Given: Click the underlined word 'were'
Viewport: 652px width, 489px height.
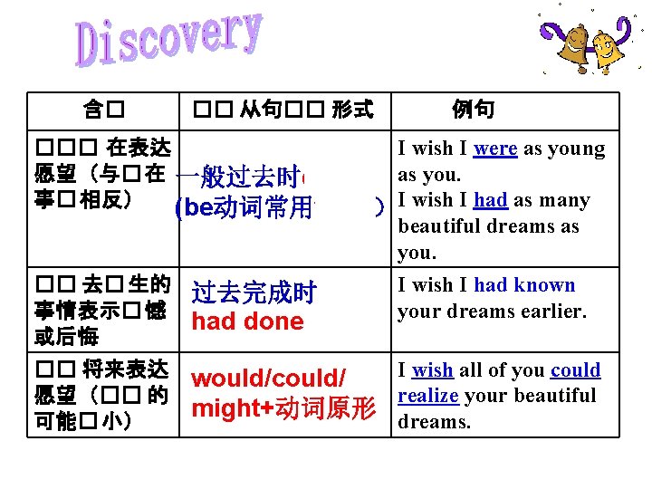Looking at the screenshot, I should point(495,149).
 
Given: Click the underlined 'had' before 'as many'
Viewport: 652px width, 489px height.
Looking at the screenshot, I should point(490,200).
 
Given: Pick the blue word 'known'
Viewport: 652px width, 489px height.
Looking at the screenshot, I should point(544,285).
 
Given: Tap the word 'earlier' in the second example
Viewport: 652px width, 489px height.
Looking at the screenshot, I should point(553,311).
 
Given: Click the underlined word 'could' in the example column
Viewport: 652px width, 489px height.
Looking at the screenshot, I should point(575,369).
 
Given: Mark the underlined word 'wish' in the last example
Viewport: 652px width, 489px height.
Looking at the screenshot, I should point(432,369).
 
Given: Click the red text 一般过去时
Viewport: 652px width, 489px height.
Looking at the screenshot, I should point(239,177).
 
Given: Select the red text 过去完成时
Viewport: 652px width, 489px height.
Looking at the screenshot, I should point(253,293).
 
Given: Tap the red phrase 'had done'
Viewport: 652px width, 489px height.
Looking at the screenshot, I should point(247,321).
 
